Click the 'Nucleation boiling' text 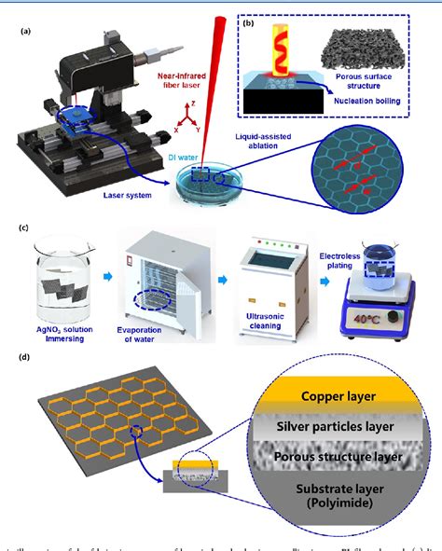pyautogui.click(x=372, y=105)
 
